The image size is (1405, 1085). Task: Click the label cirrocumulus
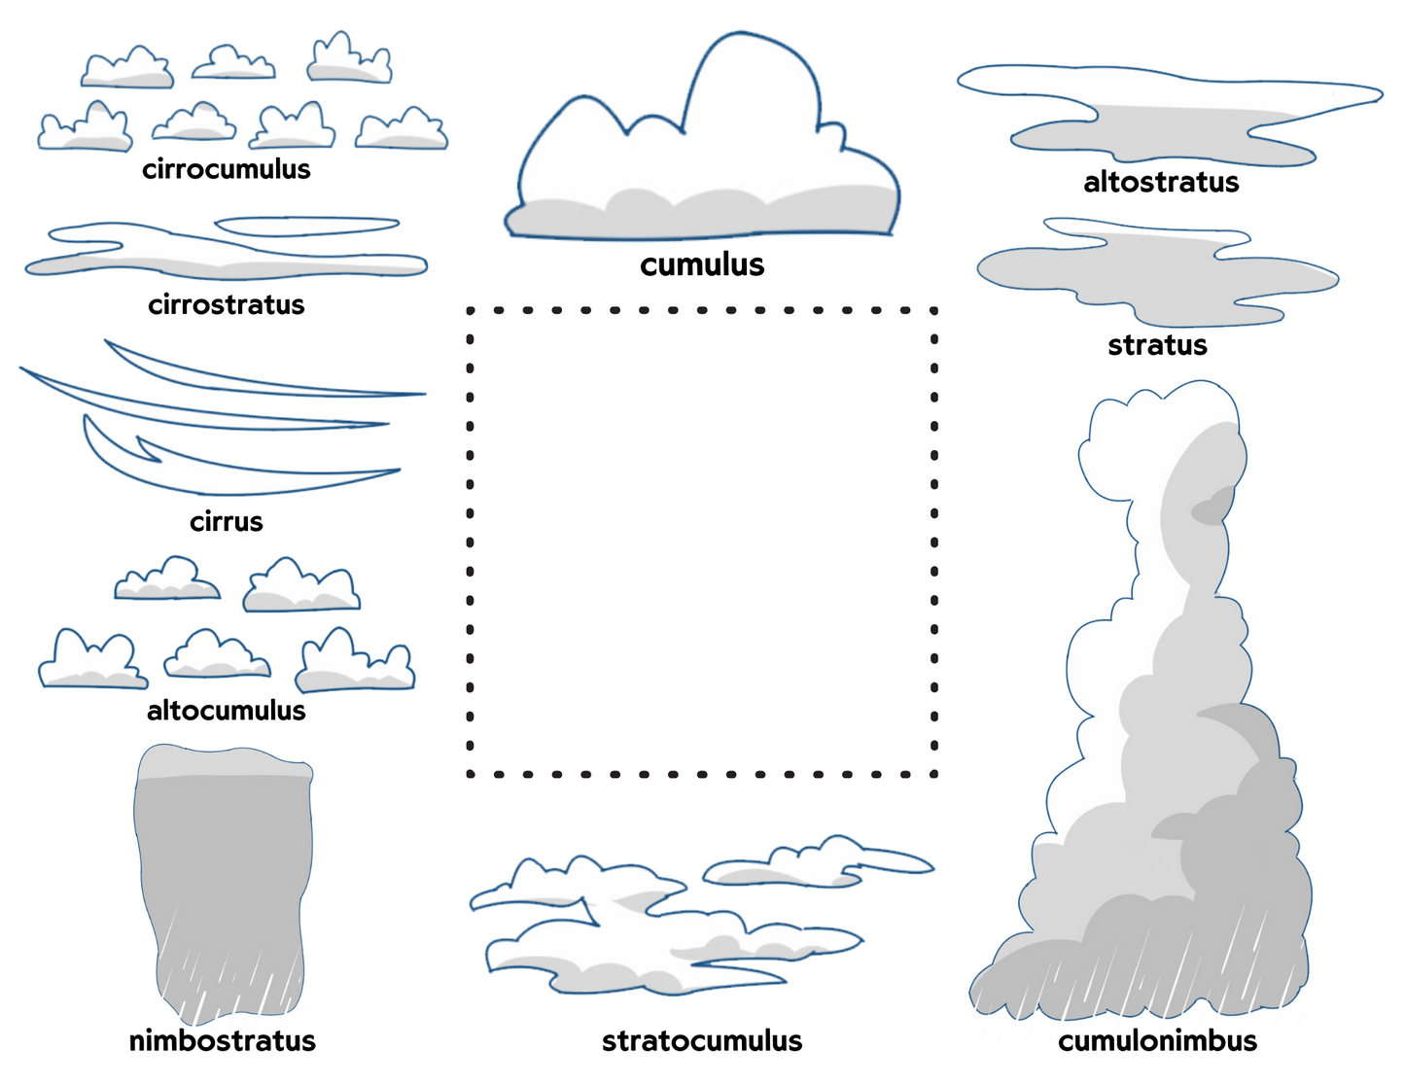coord(226,169)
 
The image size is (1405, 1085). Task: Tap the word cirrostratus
coord(226,305)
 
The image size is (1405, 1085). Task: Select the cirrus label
coord(226,522)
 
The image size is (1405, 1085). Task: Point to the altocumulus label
coord(226,711)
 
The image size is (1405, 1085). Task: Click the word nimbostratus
coord(222,1041)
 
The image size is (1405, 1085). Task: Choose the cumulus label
coord(702,264)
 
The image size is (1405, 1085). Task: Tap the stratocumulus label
coord(702,1041)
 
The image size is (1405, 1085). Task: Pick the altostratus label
coord(1161,182)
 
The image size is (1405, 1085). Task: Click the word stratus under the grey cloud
coord(1157,345)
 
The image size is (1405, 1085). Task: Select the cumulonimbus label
coord(1157,1041)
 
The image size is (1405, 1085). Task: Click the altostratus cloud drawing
coord(1167,117)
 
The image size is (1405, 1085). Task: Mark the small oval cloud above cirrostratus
coord(306,227)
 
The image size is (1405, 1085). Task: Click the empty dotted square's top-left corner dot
coord(471,311)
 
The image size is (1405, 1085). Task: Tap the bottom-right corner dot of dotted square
coord(934,774)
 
